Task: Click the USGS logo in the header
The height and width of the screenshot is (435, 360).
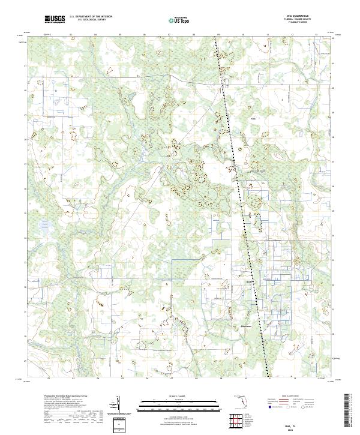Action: point(55,20)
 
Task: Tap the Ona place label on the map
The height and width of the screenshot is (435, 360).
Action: point(253,119)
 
